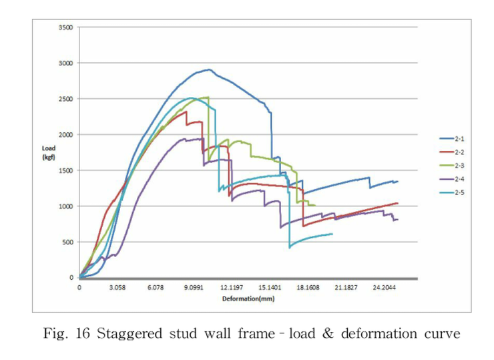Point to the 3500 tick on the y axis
pos(65,27)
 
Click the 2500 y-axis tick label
pos(65,99)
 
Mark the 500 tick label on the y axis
pos(67,242)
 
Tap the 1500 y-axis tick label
pos(65,170)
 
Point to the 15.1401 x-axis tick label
pos(270,287)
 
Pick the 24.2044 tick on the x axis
pos(385,287)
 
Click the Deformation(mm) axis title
pos(248,299)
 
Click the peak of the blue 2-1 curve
pos(209,69)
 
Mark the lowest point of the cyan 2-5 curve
pos(290,248)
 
